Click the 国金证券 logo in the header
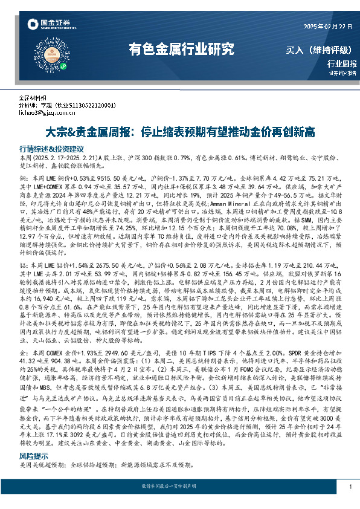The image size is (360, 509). pyautogui.click(x=53, y=25)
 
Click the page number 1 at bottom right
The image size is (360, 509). pyautogui.click(x=350, y=487)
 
